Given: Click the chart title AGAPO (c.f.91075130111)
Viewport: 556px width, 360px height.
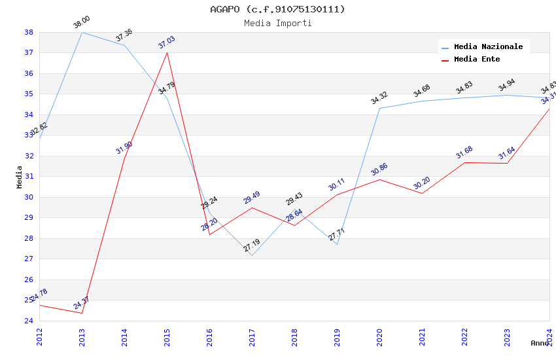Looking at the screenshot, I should click(x=277, y=9).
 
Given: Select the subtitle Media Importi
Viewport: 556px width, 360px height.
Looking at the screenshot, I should click(x=277, y=23).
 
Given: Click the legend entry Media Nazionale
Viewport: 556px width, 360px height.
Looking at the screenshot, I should click(x=488, y=47).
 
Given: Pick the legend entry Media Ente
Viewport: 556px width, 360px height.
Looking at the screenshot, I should click(x=477, y=60).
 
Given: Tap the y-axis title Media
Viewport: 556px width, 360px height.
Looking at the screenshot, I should click(x=20, y=177).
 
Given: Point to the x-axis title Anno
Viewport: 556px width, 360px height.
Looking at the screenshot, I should click(x=540, y=343).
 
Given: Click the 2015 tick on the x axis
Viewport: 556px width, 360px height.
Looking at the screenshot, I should click(x=167, y=334).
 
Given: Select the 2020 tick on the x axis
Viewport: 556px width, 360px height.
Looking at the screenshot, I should click(x=379, y=334).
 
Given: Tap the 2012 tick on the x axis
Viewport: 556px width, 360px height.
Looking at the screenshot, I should click(x=39, y=334).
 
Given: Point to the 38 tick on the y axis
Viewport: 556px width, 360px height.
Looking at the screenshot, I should click(x=29, y=32).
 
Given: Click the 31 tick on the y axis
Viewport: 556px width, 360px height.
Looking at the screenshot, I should click(x=29, y=177).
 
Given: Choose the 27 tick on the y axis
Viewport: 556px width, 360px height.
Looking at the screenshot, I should click(x=29, y=259).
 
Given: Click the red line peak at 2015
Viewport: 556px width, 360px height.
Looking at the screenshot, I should click(x=167, y=52).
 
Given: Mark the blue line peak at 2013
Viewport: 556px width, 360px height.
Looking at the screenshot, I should click(x=82, y=32).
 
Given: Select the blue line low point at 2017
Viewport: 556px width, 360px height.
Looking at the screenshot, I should click(x=252, y=255).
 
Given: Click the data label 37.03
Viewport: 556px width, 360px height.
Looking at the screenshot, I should click(x=167, y=43).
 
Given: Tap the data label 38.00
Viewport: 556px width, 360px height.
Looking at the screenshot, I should click(x=82, y=23).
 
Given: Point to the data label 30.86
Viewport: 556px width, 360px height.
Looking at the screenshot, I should click(x=379, y=170).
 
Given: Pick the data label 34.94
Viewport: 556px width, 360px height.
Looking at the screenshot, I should click(x=507, y=86).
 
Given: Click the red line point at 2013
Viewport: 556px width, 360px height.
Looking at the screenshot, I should click(x=82, y=313).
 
